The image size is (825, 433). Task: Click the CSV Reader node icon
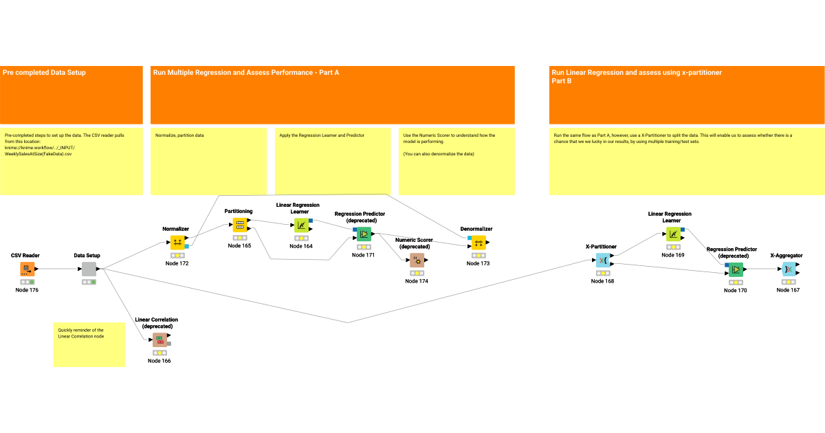click(27, 269)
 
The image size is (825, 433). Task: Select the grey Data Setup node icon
click(89, 269)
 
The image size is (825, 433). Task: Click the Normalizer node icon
click(177, 242)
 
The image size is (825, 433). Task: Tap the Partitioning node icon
click(239, 225)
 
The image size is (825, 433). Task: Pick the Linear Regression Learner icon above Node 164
click(301, 225)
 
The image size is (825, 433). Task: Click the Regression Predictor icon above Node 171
click(364, 234)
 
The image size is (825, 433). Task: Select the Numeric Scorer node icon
click(417, 260)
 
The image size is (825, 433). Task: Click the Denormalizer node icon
click(478, 242)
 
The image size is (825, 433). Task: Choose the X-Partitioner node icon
click(602, 260)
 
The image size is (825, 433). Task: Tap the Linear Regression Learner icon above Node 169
click(673, 234)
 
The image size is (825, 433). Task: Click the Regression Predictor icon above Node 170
click(736, 269)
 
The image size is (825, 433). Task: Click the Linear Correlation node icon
click(159, 340)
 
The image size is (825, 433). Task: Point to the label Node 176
click(27, 290)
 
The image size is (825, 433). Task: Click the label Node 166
click(159, 361)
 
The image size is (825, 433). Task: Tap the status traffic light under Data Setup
click(89, 282)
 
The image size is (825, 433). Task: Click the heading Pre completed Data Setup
click(44, 72)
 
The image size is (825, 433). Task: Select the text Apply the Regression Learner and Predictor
click(321, 135)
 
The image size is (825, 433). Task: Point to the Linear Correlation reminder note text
click(81, 333)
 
